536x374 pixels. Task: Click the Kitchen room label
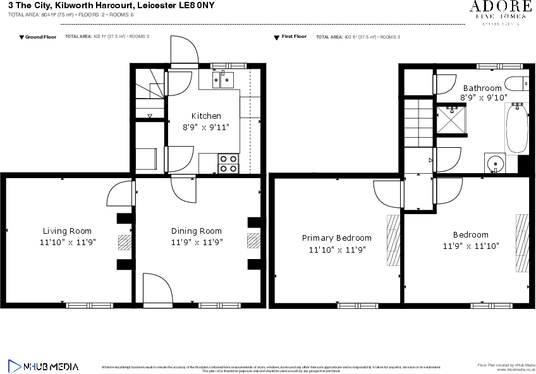pyautogui.click(x=206, y=116)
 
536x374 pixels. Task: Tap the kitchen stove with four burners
pyautogui.click(x=228, y=164)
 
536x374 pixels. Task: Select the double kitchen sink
pyautogui.click(x=222, y=78)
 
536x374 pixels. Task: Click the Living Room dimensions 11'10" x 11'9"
pyautogui.click(x=67, y=242)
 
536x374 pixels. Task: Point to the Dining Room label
pyautogui.click(x=197, y=231)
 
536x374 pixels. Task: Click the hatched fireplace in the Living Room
pyautogui.click(x=125, y=243)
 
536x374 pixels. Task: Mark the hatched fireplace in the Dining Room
pyautogui.click(x=253, y=241)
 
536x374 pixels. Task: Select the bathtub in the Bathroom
pyautogui.click(x=516, y=129)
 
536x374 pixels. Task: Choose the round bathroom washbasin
pyautogui.click(x=496, y=163)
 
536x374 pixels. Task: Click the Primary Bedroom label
pyautogui.click(x=336, y=238)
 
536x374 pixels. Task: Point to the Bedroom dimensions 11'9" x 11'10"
pyautogui.click(x=470, y=246)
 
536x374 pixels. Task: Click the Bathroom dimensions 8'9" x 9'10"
pyautogui.click(x=484, y=97)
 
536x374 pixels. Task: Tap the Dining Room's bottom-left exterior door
pyautogui.click(x=157, y=288)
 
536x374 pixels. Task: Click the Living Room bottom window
pyautogui.click(x=89, y=306)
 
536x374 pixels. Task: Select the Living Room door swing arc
pyautogui.click(x=119, y=193)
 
